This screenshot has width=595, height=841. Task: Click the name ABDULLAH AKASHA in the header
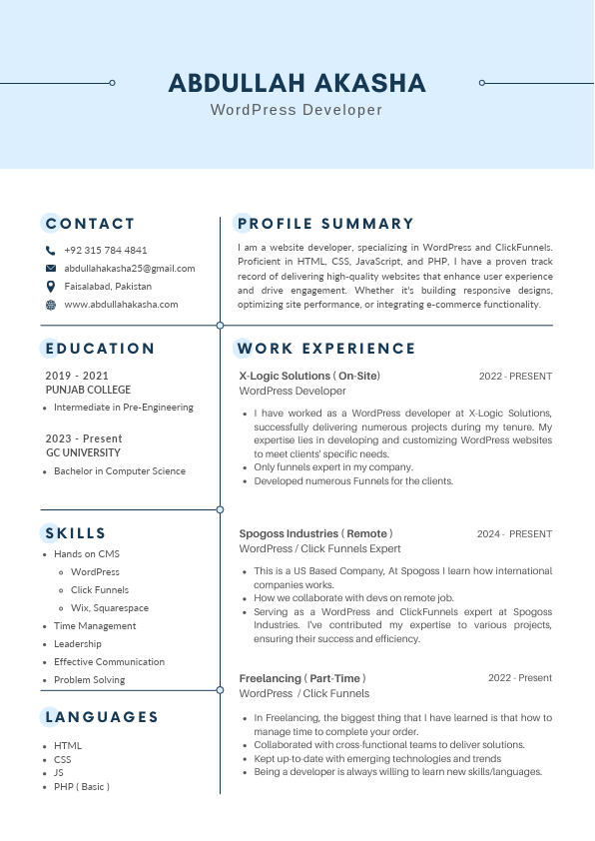(297, 83)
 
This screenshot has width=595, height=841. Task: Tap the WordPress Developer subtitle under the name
(297, 110)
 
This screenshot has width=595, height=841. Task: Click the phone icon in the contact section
(51, 251)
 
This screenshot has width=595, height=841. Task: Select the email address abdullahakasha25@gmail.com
(130, 269)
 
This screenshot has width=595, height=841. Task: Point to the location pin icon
(51, 287)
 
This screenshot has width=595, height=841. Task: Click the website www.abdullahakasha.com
(121, 305)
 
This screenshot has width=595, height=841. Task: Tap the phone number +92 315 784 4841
(105, 251)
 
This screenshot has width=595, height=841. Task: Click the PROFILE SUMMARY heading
(324, 224)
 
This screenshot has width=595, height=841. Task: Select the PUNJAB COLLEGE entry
(88, 390)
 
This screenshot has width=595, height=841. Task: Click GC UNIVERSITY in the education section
(83, 452)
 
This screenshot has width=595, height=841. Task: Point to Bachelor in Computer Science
(120, 471)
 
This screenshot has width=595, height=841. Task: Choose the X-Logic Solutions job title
(309, 377)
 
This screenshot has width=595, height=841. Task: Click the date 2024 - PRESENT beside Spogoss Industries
(514, 534)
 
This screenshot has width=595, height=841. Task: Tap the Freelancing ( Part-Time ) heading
(302, 679)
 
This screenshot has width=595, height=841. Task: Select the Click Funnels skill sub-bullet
(100, 590)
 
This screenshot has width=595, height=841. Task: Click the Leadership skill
(78, 644)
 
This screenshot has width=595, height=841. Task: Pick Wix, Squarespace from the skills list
(110, 608)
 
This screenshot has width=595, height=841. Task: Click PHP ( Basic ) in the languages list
(82, 787)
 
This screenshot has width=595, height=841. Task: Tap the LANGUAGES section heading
(102, 717)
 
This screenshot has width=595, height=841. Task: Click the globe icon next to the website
(51, 305)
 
